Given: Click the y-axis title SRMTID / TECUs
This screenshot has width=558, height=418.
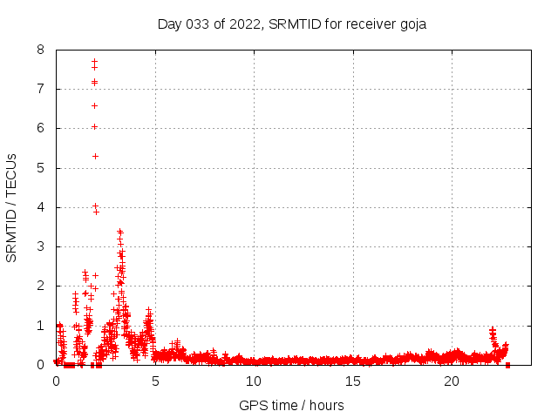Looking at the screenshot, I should click(12, 207).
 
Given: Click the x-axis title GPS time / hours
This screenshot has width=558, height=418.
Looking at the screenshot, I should click(291, 405).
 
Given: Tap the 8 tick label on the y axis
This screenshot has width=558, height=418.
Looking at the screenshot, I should click(41, 50).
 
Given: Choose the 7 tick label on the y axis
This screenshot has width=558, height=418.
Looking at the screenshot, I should click(41, 89).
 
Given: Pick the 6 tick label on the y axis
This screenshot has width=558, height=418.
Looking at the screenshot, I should click(41, 128).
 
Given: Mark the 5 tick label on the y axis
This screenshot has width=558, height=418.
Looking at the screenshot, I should click(41, 168).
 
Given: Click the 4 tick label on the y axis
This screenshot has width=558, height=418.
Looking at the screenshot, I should click(41, 207).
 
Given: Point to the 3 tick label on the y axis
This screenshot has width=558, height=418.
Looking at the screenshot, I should click(41, 246).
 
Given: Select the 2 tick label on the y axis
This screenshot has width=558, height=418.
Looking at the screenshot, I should click(41, 286).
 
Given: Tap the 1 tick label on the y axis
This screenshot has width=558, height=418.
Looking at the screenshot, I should click(41, 325).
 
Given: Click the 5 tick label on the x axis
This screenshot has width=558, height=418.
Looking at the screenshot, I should click(155, 381).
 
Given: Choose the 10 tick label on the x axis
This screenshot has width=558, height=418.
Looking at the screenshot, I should click(254, 381).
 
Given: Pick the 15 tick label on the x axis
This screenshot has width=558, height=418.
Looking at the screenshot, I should click(352, 381).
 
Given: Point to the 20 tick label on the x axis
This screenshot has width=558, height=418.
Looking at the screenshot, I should click(452, 381).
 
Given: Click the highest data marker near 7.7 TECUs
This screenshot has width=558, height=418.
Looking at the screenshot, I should click(94, 61).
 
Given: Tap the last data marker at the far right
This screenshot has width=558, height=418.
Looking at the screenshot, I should click(507, 364).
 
